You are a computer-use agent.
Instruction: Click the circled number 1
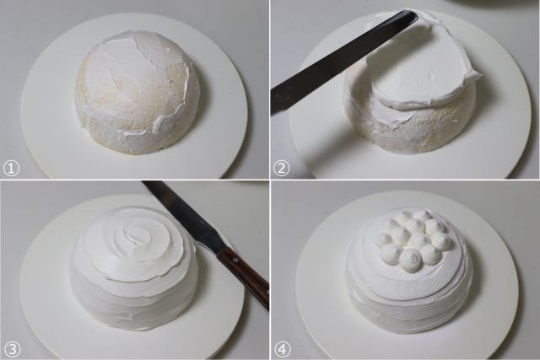point(11,169)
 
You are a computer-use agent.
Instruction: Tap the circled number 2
point(281,169)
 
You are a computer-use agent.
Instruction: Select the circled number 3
point(11,350)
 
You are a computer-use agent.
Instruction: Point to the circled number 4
point(282,350)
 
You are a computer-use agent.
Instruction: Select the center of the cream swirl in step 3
point(135,234)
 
